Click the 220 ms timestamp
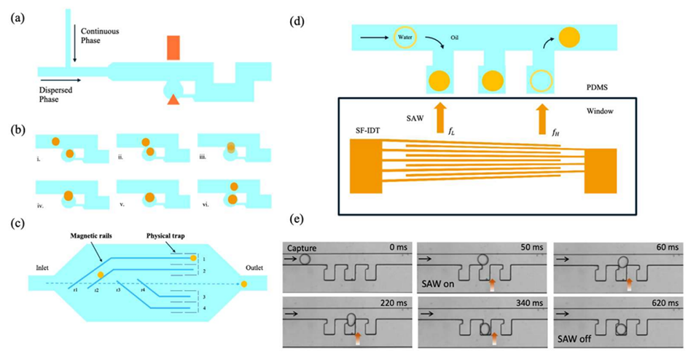pyautogui.click(x=388, y=302)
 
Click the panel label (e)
pyautogui.click(x=297, y=219)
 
